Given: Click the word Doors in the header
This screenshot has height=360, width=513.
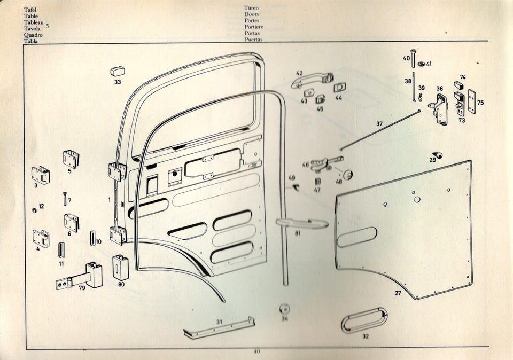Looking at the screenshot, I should [x=252, y=14].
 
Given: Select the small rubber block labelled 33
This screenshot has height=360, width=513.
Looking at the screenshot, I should [x=117, y=71].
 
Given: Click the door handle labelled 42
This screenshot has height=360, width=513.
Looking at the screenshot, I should [x=312, y=80].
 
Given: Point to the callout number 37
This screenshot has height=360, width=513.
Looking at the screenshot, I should [x=379, y=124].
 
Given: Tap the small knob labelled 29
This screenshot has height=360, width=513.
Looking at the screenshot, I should [x=438, y=155].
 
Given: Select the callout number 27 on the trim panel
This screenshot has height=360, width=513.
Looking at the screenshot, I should [x=398, y=293].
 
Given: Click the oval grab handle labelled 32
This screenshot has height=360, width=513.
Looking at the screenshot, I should [x=364, y=320].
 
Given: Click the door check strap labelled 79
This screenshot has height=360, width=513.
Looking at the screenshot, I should [x=80, y=277].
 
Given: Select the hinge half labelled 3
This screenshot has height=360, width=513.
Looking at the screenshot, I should [x=40, y=174].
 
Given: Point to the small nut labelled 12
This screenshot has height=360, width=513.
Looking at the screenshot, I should [x=34, y=209].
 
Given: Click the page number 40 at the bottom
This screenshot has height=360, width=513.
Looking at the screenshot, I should [x=256, y=351].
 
